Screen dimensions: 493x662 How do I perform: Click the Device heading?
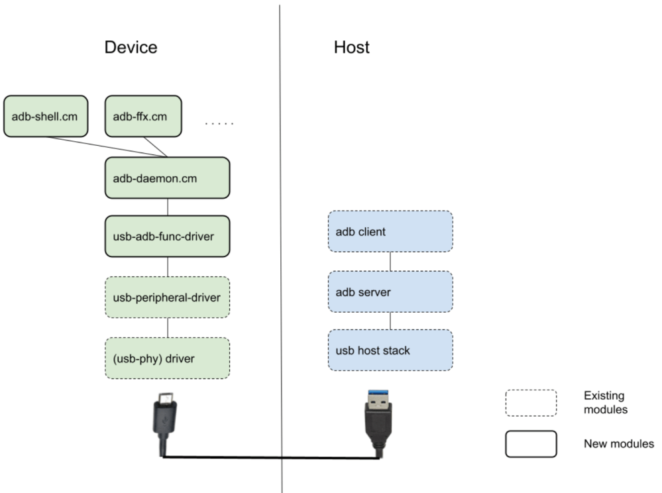coord(131,48)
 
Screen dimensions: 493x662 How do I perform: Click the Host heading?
coord(351,48)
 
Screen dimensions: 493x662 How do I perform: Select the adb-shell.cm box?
coord(45,117)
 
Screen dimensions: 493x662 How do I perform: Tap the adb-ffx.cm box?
coord(143,117)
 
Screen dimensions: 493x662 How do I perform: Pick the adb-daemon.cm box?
coord(167,178)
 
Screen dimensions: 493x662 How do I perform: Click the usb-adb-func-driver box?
coord(167,236)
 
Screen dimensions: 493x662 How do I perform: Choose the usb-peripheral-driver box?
coord(167,297)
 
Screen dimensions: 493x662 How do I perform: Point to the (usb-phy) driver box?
coord(167,358)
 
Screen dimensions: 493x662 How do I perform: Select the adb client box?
coord(390,232)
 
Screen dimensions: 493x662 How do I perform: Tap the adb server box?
coord(390,292)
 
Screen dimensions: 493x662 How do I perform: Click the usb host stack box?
coord(390,350)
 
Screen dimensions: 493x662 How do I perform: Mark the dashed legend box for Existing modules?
coord(530,402)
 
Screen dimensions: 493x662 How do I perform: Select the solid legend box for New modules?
coord(530,443)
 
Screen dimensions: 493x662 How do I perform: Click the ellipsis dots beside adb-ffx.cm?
coord(219,123)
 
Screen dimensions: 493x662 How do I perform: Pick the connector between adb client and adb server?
coord(390,261)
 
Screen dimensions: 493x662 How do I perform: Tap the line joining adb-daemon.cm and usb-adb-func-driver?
coord(167,207)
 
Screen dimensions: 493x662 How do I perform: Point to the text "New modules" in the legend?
coord(618,443)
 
